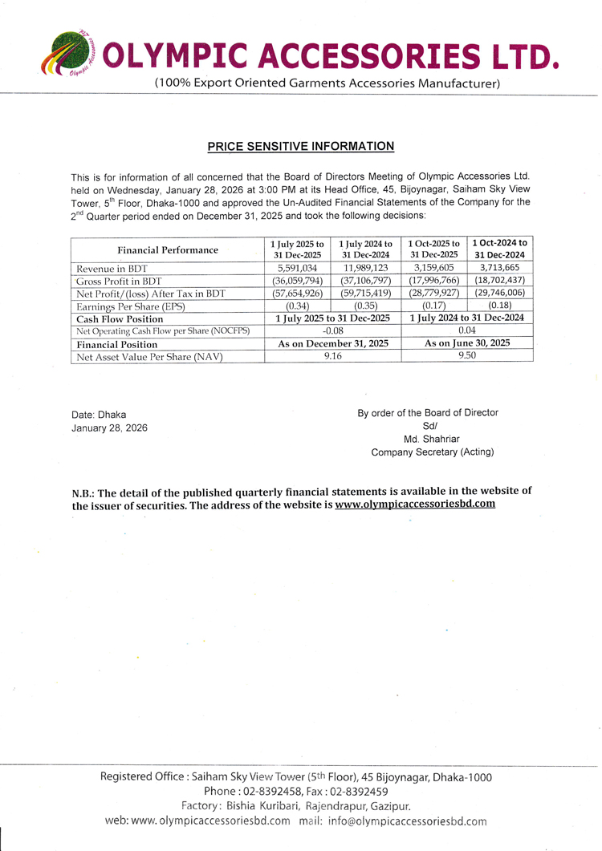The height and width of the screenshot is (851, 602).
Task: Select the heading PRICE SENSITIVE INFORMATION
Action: click(x=301, y=147)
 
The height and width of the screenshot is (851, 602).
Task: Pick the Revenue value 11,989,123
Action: click(x=365, y=269)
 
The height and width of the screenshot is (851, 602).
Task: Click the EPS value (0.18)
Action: click(x=500, y=306)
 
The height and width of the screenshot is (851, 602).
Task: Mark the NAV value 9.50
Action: click(x=466, y=356)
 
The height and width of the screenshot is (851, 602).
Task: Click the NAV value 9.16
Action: click(x=332, y=356)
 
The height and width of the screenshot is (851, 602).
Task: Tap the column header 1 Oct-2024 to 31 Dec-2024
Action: click(x=500, y=249)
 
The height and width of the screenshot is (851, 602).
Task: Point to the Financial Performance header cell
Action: click(x=168, y=249)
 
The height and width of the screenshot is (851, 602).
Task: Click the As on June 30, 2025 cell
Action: click(x=466, y=343)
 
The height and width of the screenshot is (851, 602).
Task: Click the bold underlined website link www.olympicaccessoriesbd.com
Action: click(x=415, y=505)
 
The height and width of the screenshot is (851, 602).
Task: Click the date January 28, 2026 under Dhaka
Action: click(x=109, y=428)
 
